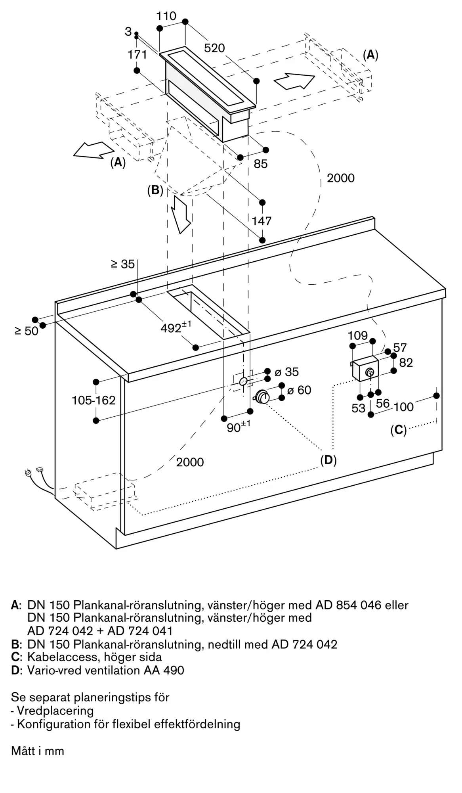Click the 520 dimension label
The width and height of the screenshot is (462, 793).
pyautogui.click(x=214, y=48)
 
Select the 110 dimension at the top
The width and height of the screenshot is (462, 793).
pyautogui.click(x=166, y=16)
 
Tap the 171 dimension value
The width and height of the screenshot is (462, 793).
pyautogui.click(x=137, y=54)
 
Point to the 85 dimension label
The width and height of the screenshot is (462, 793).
pyautogui.click(x=261, y=164)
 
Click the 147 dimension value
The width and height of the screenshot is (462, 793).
pyautogui.click(x=262, y=221)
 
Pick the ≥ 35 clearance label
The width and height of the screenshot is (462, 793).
pyautogui.click(x=123, y=264)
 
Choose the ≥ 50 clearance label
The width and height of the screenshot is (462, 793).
pyautogui.click(x=27, y=331)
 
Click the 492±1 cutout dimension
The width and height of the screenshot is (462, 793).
pyautogui.click(x=176, y=328)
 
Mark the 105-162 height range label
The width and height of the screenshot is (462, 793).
pyautogui.click(x=94, y=400)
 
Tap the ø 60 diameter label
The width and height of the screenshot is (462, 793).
pyautogui.click(x=299, y=390)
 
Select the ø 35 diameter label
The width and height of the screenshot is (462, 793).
pyautogui.click(x=286, y=372)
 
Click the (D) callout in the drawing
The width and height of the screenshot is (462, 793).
pyautogui.click(x=328, y=460)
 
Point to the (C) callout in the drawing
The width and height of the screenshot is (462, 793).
pyautogui.click(x=399, y=430)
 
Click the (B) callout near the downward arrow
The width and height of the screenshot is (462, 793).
pyautogui.click(x=155, y=190)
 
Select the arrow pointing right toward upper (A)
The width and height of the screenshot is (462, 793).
pyautogui.click(x=294, y=80)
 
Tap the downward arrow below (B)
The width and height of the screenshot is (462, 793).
pyautogui.click(x=182, y=215)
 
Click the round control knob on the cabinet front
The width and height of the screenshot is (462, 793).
pyautogui.click(x=262, y=397)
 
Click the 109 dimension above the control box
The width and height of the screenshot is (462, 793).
pyautogui.click(x=358, y=336)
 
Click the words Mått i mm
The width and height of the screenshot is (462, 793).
pyautogui.click(x=38, y=751)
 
